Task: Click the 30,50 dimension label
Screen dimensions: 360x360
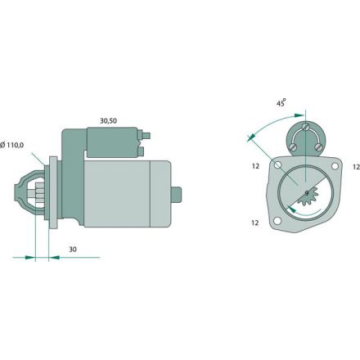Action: tap(108, 121)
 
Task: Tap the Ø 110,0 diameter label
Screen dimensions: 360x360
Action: tap(12, 145)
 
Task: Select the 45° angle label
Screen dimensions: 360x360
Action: tap(281, 103)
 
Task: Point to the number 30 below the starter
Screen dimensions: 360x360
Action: tap(73, 250)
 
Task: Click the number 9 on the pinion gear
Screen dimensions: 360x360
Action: tap(307, 193)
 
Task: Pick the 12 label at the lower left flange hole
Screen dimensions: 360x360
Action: tap(254, 223)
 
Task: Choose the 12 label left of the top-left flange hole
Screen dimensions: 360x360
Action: tap(255, 166)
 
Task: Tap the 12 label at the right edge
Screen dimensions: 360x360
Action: tap(357, 167)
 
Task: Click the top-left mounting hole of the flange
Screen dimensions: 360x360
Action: tap(278, 164)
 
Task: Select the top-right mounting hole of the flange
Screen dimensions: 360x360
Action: tap(335, 166)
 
